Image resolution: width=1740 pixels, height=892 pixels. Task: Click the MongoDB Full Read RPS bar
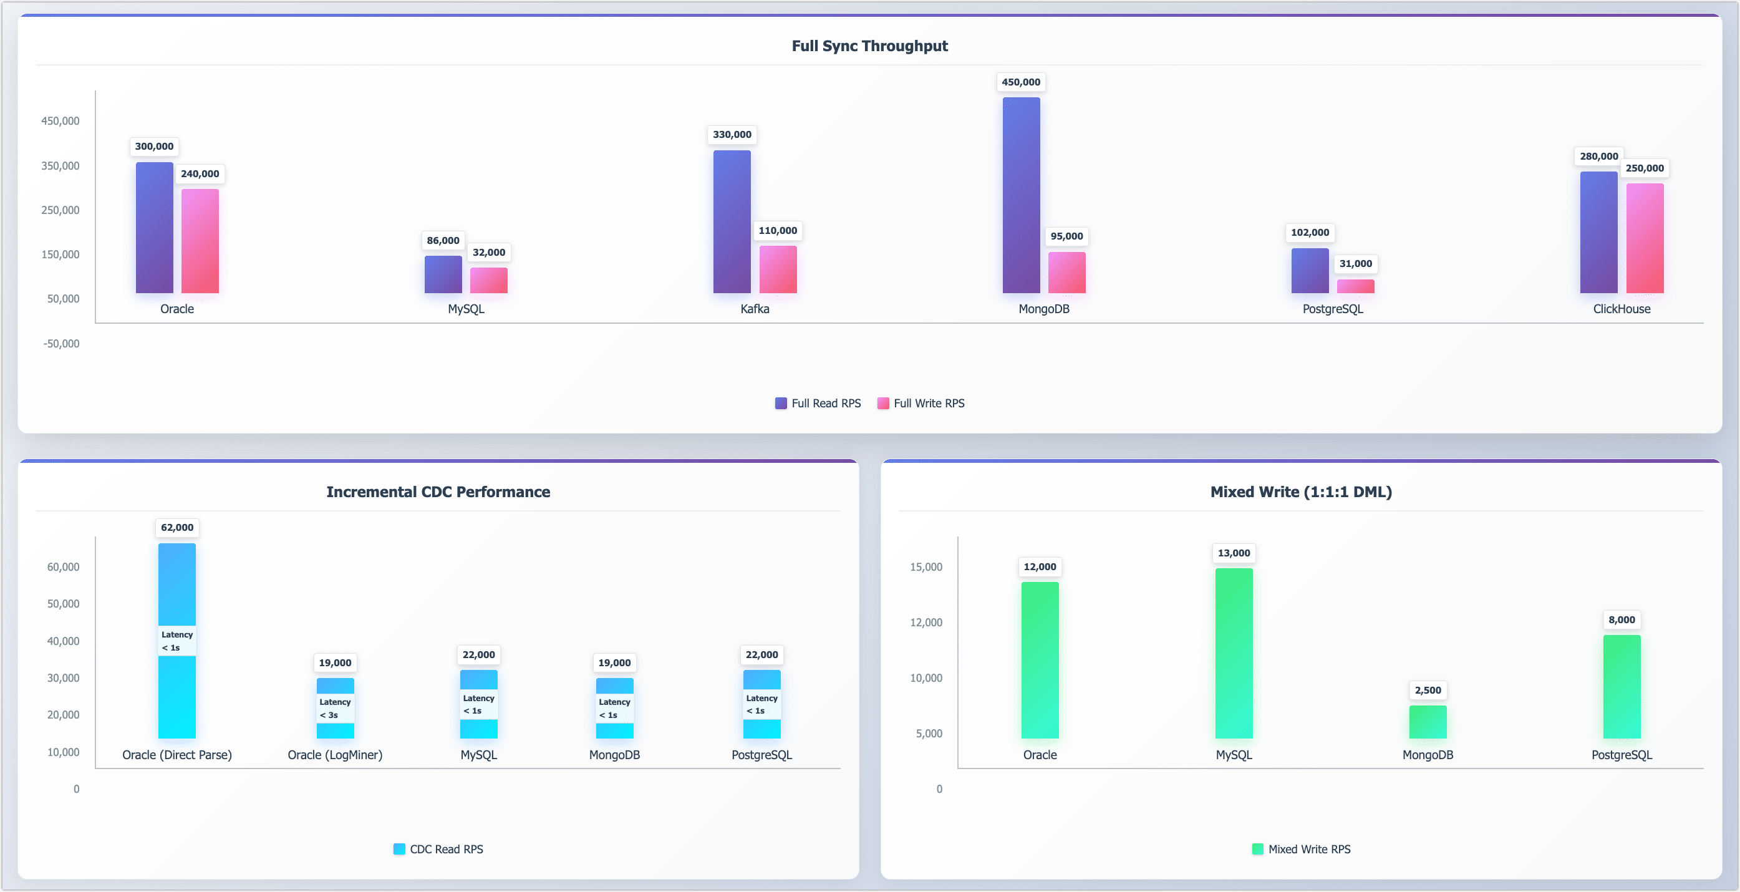pyautogui.click(x=1021, y=195)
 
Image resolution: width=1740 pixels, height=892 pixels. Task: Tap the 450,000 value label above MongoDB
pyautogui.click(x=1021, y=82)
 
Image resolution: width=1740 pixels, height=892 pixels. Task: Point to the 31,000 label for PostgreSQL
pyautogui.click(x=1355, y=263)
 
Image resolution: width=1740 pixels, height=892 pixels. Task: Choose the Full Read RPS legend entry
pyautogui.click(x=818, y=404)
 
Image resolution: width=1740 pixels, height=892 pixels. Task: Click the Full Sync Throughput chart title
pyautogui.click(x=869, y=46)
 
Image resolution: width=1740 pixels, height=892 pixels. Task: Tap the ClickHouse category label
pyautogui.click(x=1621, y=309)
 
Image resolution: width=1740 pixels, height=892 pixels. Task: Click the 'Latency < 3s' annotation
pyautogui.click(x=335, y=708)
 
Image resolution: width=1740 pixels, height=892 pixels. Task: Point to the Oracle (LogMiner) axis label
pyautogui.click(x=335, y=755)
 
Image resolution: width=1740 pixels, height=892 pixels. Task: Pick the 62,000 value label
pyautogui.click(x=177, y=527)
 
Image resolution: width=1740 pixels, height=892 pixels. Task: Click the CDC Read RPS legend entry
pyautogui.click(x=438, y=850)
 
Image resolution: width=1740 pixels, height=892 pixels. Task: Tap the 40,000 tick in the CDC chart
pyautogui.click(x=63, y=641)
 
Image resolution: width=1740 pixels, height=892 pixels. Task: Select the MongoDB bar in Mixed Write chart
pyautogui.click(x=1428, y=722)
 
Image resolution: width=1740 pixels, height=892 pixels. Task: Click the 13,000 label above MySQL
pyautogui.click(x=1234, y=553)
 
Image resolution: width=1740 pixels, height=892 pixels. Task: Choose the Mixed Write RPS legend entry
pyautogui.click(x=1301, y=850)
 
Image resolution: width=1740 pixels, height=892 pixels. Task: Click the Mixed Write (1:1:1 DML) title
pyautogui.click(x=1300, y=492)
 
